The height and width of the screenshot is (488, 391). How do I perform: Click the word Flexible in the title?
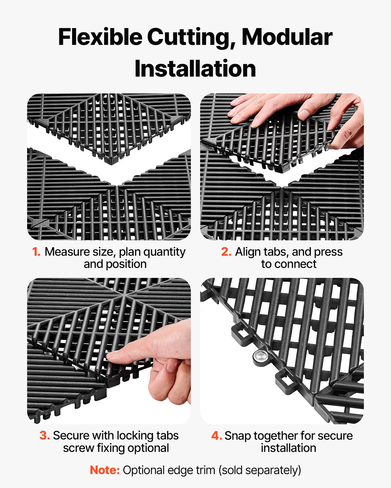(100, 37)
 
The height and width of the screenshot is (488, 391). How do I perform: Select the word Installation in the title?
(195, 69)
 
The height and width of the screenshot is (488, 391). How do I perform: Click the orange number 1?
(36, 252)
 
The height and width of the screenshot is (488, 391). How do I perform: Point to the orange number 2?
(226, 252)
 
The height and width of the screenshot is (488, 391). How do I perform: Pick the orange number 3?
(45, 435)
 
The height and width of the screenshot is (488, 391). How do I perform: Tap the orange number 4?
(216, 436)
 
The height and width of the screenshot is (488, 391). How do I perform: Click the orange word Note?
(105, 470)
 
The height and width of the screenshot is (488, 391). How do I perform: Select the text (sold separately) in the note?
(260, 470)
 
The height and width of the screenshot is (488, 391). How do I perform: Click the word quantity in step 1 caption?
(164, 252)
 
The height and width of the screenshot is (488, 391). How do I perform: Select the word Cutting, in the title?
(191, 37)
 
